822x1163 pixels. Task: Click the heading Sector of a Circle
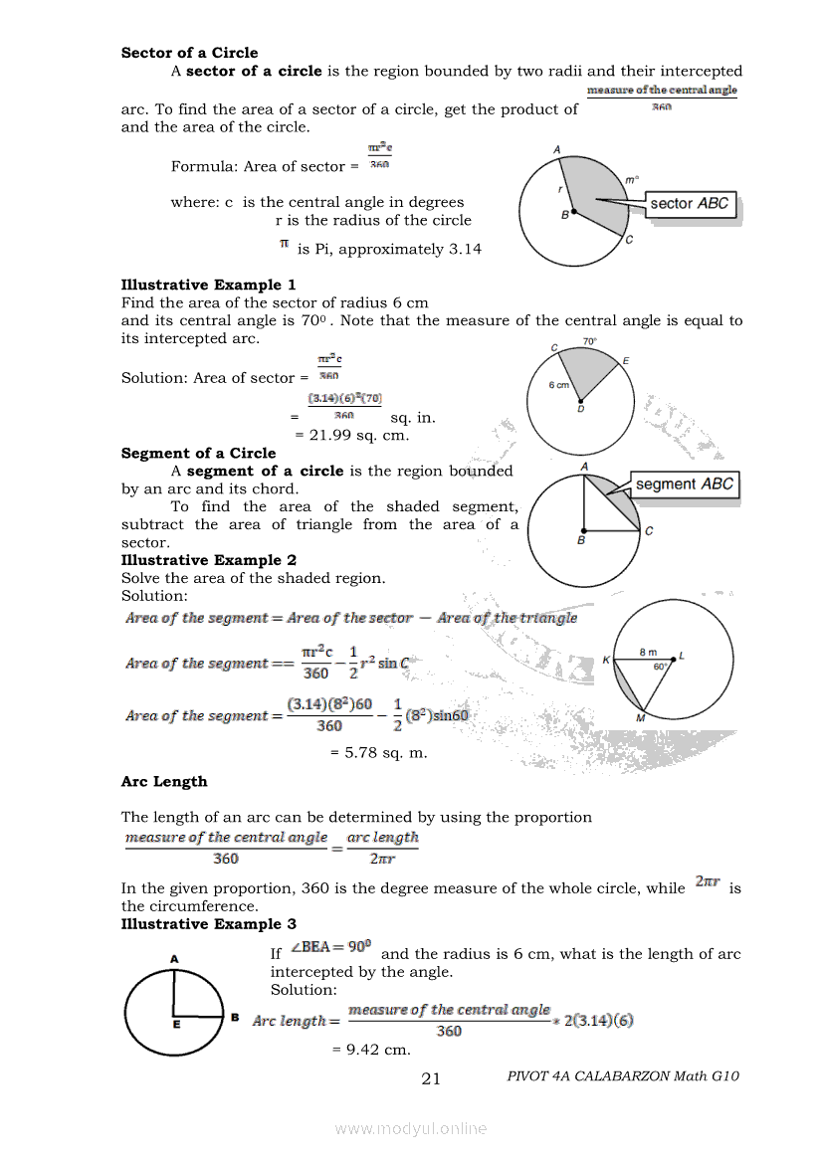coord(189,53)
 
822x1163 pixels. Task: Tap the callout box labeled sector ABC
coord(689,204)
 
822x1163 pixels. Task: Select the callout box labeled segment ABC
coord(685,485)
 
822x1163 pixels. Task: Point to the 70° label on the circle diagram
coord(589,341)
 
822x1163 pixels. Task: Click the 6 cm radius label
coord(559,384)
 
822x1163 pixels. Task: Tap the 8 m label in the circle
coord(648,652)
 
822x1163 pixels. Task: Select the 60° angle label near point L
coord(660,668)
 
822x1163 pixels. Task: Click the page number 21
coord(431,1077)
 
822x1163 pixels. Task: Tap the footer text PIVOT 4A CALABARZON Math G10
coord(623,1075)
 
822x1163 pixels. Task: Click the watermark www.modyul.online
coord(411,1128)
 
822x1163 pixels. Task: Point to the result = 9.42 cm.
coord(370,1049)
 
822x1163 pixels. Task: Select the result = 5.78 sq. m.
coord(378,752)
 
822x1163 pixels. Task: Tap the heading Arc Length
coord(164,782)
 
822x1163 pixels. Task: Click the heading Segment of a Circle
coord(198,453)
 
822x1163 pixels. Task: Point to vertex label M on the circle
coord(641,718)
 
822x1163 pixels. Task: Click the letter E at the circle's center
coord(175,1022)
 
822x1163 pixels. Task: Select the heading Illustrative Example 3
coord(208,924)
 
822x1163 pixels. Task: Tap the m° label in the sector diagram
coord(631,180)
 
